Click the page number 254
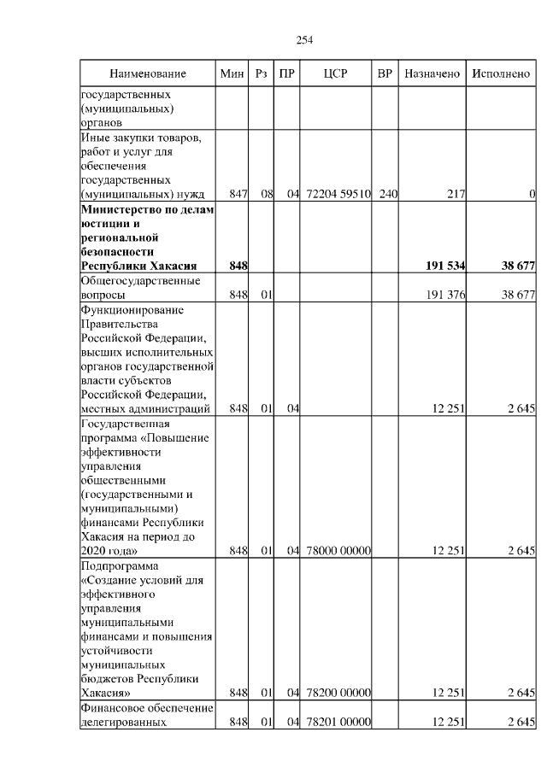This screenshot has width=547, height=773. click(x=303, y=39)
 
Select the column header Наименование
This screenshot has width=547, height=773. click(x=148, y=73)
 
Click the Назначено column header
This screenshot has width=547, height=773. click(x=432, y=73)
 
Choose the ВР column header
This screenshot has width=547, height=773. click(x=385, y=73)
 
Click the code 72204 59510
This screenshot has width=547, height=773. click(x=338, y=195)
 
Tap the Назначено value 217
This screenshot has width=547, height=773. click(x=456, y=195)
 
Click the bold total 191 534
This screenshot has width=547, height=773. click(x=444, y=266)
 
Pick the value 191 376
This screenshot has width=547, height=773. click(x=445, y=296)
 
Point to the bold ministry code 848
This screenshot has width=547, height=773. click(x=238, y=266)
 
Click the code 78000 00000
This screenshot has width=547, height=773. click(x=338, y=551)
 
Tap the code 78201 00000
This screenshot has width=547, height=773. click(x=338, y=723)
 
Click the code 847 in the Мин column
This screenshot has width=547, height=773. click(x=238, y=195)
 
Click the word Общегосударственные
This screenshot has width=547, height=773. click(x=140, y=281)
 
